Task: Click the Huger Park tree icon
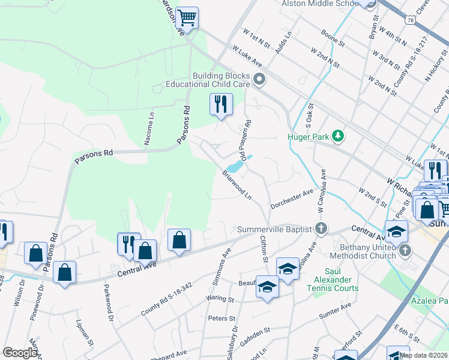point(339,136)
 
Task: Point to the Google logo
point(20,353)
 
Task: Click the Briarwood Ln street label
point(237,185)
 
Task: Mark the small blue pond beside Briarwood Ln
point(235,166)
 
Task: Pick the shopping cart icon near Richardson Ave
point(187,17)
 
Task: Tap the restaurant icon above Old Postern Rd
point(221,104)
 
